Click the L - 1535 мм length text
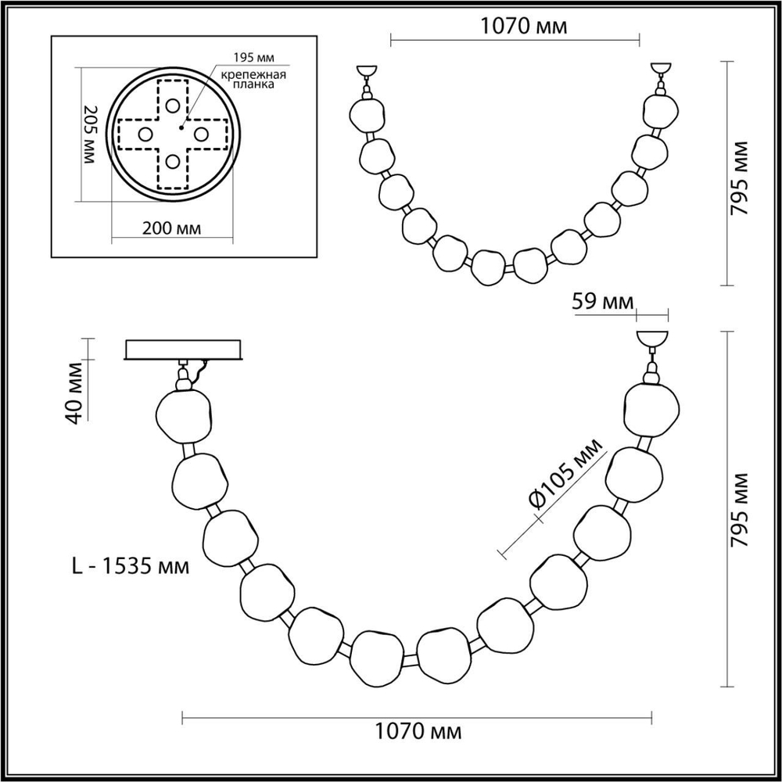click(x=130, y=565)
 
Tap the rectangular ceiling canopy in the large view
click(x=185, y=350)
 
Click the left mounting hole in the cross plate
click(x=145, y=134)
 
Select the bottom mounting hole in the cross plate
click(x=172, y=162)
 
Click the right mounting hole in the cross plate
click(x=200, y=134)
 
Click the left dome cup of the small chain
click(x=365, y=71)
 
